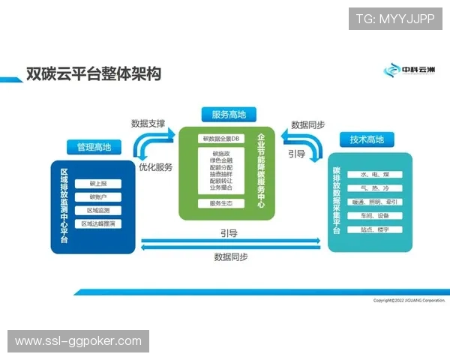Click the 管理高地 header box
tap(94, 147)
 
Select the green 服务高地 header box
tap(229, 114)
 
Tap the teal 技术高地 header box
tap(367, 139)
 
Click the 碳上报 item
tap(98, 184)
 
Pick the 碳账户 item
tap(98, 197)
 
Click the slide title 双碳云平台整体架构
tap(94, 74)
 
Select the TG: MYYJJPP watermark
tap(395, 18)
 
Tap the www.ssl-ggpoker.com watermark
tap(78, 341)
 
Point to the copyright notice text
tap(409, 301)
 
